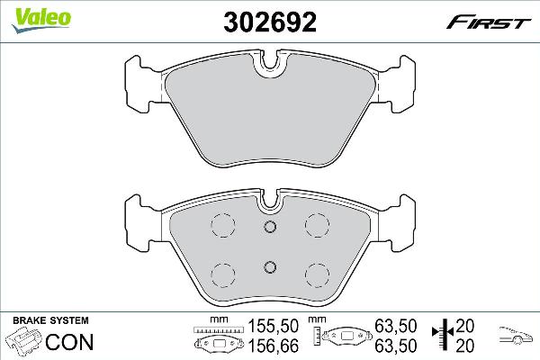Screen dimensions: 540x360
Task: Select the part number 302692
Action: click(270, 22)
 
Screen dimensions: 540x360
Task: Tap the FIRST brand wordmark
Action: click(489, 23)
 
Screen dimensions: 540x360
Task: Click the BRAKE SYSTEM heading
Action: click(50, 320)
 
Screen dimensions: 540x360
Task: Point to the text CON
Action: click(69, 342)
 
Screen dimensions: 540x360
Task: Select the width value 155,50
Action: click(273, 326)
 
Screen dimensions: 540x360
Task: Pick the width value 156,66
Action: click(273, 346)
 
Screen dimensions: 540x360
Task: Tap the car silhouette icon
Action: click(516, 335)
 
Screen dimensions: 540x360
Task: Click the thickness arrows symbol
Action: click(444, 332)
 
